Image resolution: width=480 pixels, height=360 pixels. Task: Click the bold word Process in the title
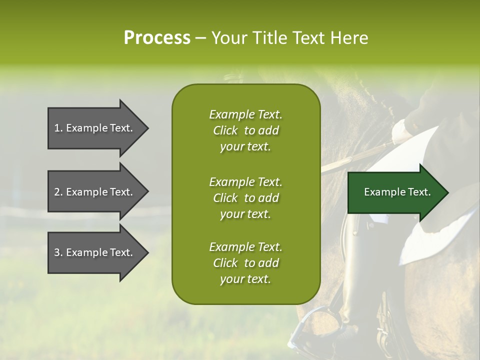coord(157,38)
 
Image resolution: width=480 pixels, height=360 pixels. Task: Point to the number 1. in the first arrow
coord(58,128)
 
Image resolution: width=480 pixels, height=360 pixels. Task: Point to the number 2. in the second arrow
coord(58,192)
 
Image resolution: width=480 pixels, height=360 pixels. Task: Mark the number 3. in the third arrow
coord(58,252)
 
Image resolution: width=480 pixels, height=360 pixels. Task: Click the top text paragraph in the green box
coord(245,130)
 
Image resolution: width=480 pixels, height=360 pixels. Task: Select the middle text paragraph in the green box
coord(245,197)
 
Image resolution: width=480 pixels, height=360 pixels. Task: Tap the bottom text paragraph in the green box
coord(245,263)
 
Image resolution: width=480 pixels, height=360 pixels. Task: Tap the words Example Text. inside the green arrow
coord(397,192)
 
